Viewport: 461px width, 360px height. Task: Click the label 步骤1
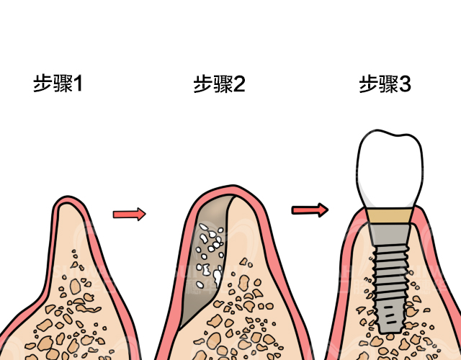click(58, 84)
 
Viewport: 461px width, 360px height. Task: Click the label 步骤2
click(219, 84)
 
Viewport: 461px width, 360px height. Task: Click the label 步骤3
click(385, 84)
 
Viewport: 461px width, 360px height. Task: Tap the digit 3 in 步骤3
click(405, 84)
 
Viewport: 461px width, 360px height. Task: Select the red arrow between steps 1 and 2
click(130, 214)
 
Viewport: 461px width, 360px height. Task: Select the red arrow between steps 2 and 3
click(310, 210)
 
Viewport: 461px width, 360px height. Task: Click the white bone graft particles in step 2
click(211, 248)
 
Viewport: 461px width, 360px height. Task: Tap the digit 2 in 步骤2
click(239, 84)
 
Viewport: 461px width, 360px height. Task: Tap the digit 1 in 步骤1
click(78, 84)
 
